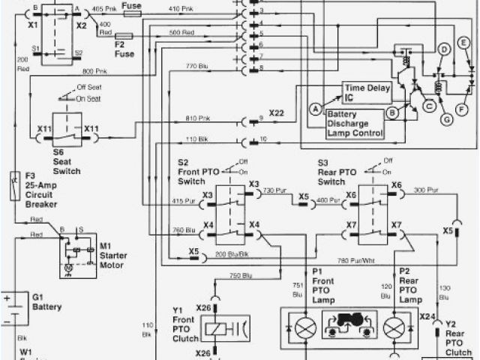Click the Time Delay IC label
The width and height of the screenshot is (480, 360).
pos(367,92)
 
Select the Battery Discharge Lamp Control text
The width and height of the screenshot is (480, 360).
pos(355,124)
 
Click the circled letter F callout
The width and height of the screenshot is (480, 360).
pos(462,109)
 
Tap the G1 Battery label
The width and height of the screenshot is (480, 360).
pos(46,302)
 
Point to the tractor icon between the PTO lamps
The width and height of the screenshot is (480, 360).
pos(349,328)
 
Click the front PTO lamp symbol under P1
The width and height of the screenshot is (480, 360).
pos(304,328)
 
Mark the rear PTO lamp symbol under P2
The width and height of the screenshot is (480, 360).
pos(394,328)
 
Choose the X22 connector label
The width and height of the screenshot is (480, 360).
pos(276,112)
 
